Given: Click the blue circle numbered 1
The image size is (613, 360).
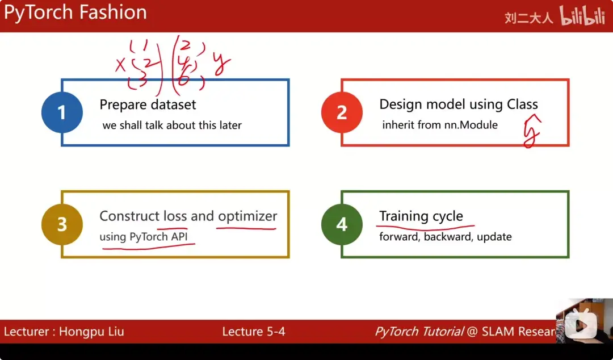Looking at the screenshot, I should [62, 112].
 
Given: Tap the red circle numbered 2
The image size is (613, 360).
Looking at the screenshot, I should [342, 112].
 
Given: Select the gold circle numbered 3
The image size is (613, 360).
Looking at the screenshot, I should [62, 224].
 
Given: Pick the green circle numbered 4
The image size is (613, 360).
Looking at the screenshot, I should [342, 224].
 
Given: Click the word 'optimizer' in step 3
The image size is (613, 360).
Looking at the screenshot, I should [247, 216].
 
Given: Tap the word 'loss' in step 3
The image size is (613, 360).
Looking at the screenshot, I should [175, 216].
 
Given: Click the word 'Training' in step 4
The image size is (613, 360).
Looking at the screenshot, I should [403, 216].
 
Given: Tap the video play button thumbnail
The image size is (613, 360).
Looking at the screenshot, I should [581, 325].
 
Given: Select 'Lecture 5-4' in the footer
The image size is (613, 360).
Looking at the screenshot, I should [253, 332].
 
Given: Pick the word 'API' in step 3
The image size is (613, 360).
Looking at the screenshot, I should [182, 237].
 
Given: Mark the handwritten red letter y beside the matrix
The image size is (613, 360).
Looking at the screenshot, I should [221, 64].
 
